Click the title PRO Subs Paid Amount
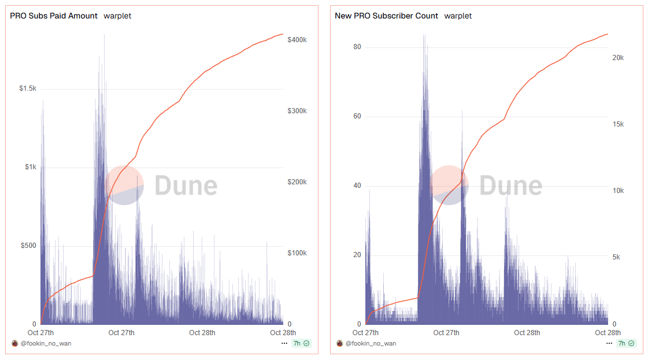click(x=54, y=16)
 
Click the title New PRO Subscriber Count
click(x=386, y=16)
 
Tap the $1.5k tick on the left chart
click(x=27, y=88)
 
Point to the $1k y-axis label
click(x=30, y=167)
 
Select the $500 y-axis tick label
click(x=28, y=246)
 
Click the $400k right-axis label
click(x=297, y=40)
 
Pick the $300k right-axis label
click(x=297, y=111)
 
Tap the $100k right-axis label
click(x=297, y=253)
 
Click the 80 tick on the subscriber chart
click(x=357, y=47)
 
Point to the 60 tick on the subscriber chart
click(x=357, y=116)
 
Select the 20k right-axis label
click(x=618, y=58)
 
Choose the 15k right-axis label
click(x=618, y=124)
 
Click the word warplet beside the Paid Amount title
click(x=117, y=16)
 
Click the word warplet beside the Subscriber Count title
click(x=458, y=16)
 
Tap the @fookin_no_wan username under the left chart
click(x=46, y=343)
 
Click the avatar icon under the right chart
click(x=340, y=343)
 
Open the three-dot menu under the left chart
click(x=284, y=343)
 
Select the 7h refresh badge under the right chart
click(x=625, y=343)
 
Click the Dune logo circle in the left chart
click(x=124, y=185)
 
